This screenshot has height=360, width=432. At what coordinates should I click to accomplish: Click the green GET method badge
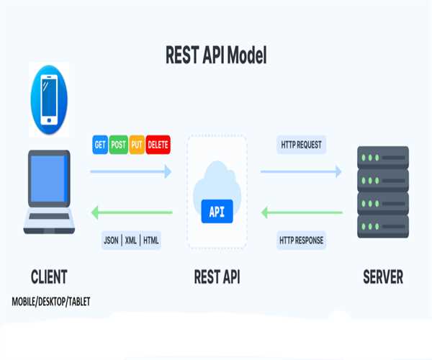click(101, 145)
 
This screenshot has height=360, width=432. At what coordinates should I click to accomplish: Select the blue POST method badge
click(119, 145)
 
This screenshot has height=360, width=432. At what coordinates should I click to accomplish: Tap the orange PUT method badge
click(137, 145)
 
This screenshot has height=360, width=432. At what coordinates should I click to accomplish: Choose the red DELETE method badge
click(158, 145)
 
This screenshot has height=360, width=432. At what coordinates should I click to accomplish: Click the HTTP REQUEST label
click(302, 145)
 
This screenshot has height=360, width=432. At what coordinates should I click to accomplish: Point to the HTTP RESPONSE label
click(302, 240)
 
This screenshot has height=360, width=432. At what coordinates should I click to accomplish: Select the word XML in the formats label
click(130, 240)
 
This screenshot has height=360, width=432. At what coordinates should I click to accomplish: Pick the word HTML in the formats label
click(151, 240)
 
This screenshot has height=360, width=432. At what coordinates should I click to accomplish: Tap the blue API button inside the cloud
click(217, 212)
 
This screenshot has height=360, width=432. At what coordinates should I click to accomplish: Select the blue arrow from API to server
click(301, 171)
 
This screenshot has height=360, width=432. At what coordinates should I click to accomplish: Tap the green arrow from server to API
click(301, 212)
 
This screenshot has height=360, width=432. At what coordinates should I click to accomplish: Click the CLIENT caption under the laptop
click(49, 276)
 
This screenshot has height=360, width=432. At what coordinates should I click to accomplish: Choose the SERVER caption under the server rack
click(383, 276)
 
